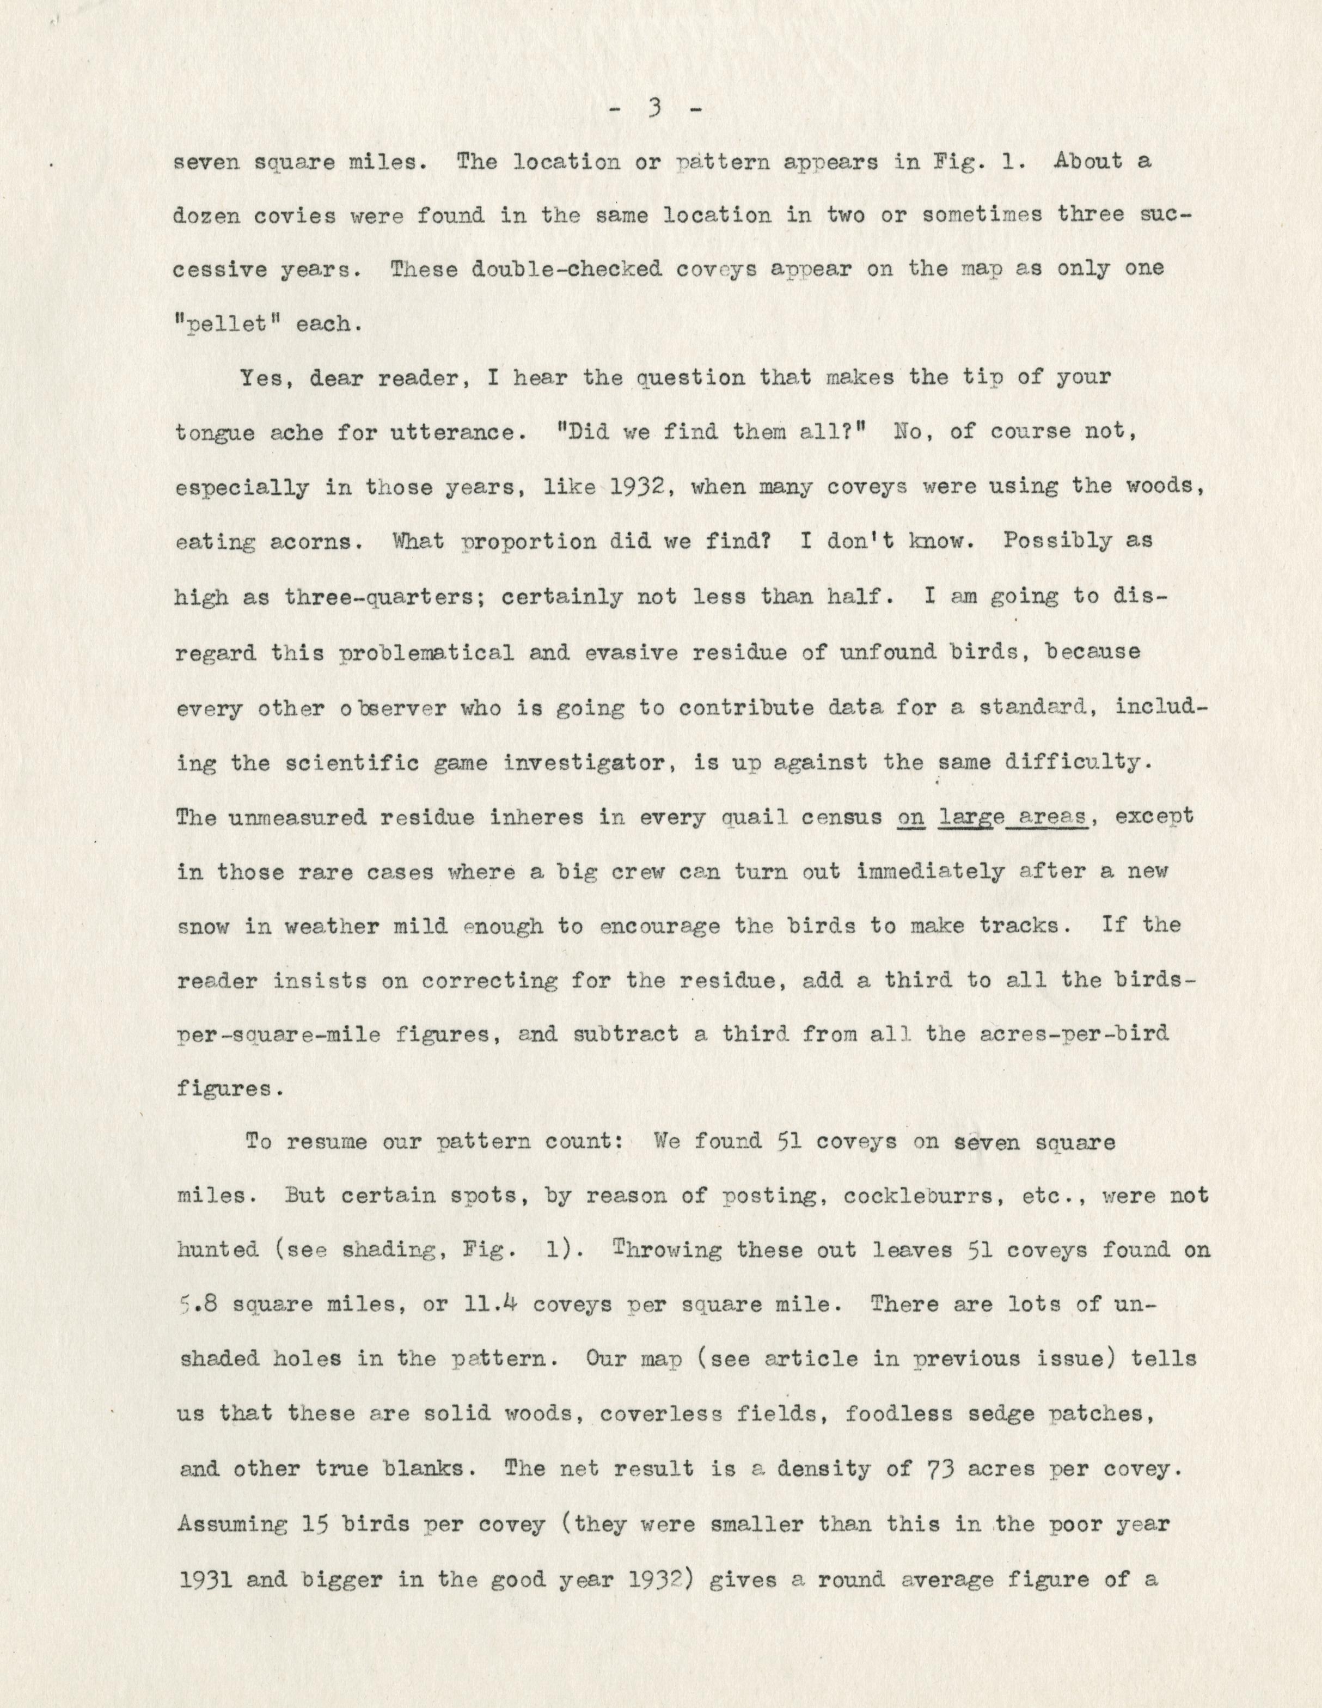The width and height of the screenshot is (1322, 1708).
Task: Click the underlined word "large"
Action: [x=970, y=816]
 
